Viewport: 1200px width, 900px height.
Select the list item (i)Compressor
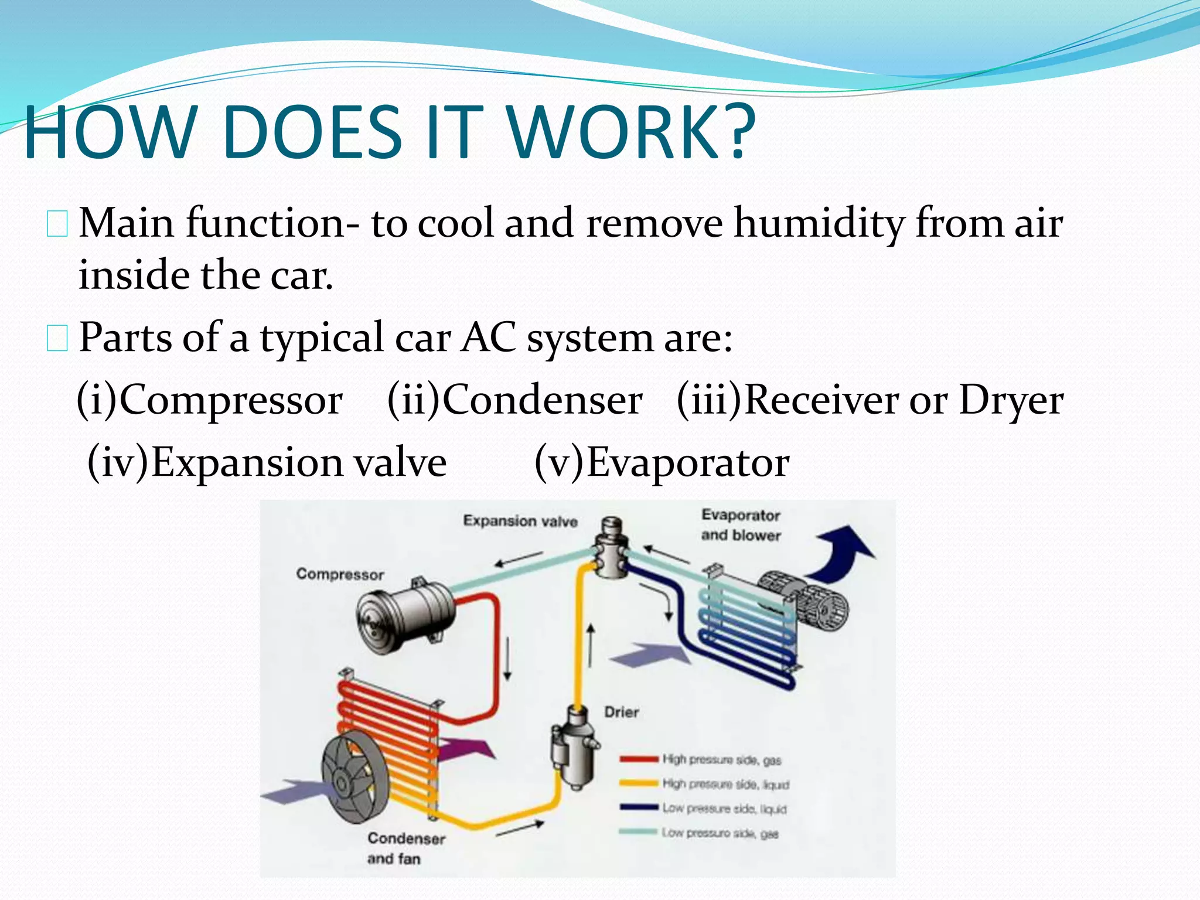[210, 400]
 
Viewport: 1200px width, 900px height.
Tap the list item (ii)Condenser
[514, 400]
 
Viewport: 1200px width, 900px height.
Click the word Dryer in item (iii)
[1011, 401]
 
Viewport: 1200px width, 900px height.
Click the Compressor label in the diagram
[340, 574]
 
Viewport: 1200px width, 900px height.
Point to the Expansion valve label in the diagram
[520, 521]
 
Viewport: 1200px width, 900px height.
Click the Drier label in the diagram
[621, 712]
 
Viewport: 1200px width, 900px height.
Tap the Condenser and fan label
[405, 848]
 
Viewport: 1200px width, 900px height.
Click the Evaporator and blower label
[741, 525]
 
